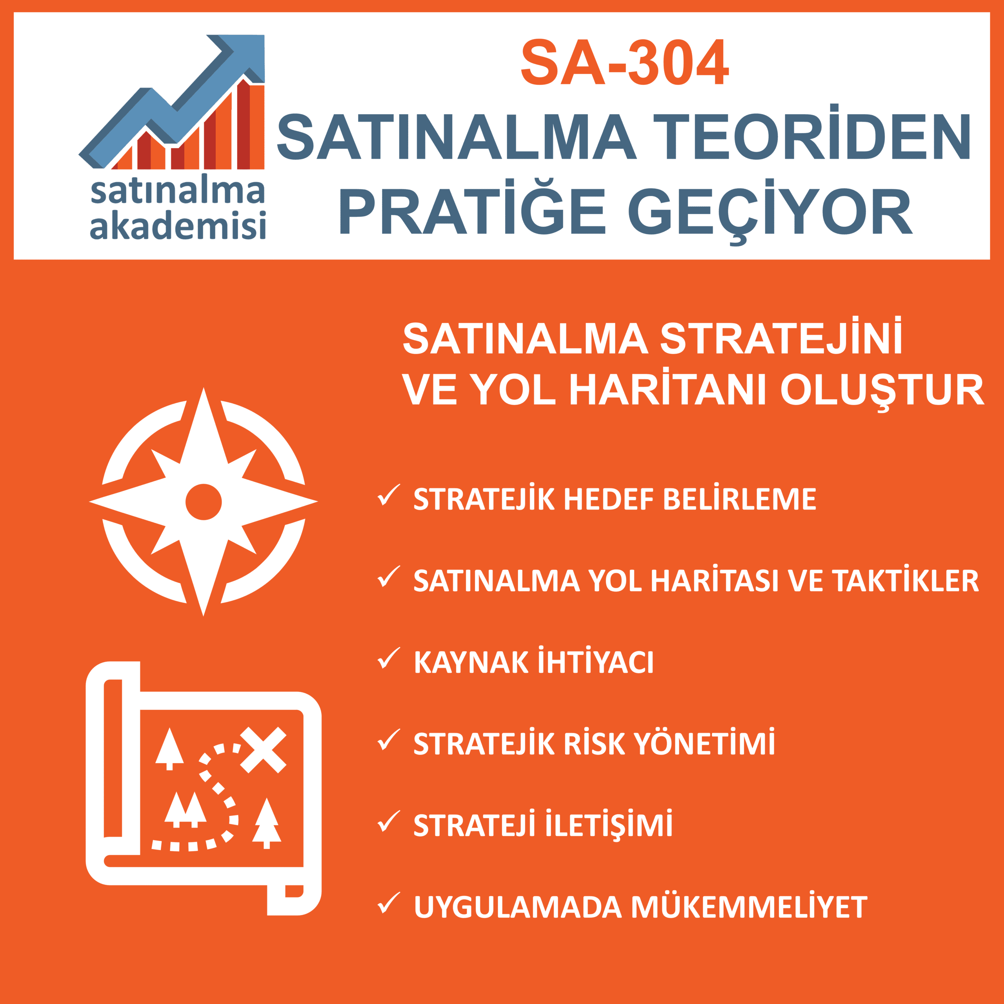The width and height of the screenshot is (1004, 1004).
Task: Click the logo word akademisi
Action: click(178, 225)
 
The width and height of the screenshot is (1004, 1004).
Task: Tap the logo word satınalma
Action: click(178, 191)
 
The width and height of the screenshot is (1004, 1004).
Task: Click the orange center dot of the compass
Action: click(204, 502)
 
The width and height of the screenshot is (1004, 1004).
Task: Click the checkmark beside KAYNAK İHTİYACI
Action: click(388, 658)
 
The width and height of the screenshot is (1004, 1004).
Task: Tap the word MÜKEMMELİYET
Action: click(749, 907)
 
